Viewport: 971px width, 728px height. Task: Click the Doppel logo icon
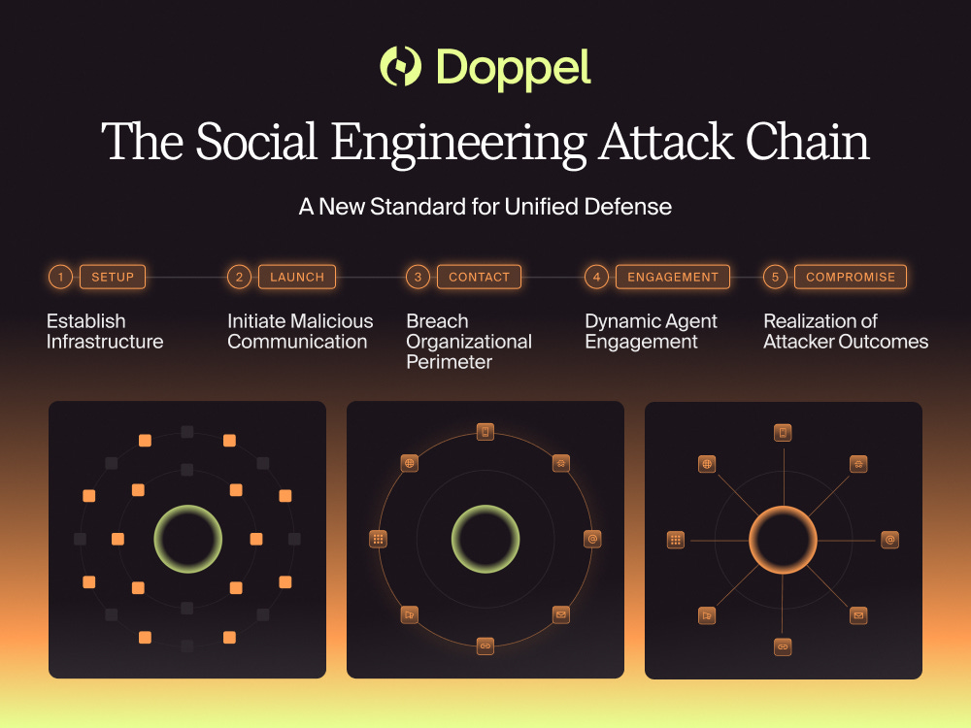(x=399, y=67)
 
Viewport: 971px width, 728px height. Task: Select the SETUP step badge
(x=113, y=277)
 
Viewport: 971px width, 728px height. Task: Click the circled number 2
(x=239, y=277)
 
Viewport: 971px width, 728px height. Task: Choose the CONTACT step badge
(x=479, y=277)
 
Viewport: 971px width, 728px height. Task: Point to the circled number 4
(x=596, y=277)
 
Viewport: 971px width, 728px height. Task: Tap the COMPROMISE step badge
(x=851, y=277)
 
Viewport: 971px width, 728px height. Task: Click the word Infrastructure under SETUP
(x=105, y=342)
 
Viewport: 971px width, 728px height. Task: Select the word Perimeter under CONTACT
(x=450, y=362)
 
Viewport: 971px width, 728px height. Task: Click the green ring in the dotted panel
(x=188, y=539)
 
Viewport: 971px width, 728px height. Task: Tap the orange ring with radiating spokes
(x=784, y=539)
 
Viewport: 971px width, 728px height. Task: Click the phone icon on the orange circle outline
(x=485, y=432)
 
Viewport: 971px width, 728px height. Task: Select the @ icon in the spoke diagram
(x=890, y=540)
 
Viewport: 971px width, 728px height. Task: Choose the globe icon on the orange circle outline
(x=410, y=463)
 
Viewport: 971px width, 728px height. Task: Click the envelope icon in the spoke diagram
(x=858, y=615)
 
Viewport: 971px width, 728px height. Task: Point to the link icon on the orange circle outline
(x=485, y=645)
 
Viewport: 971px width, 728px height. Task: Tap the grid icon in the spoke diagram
(x=676, y=540)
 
